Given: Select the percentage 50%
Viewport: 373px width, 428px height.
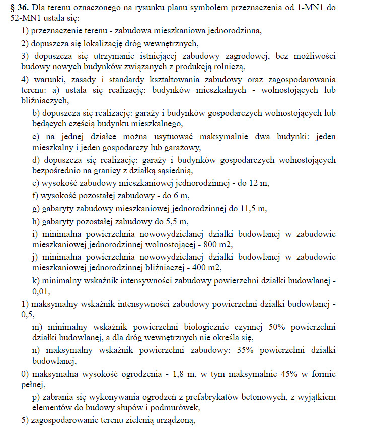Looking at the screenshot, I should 279,326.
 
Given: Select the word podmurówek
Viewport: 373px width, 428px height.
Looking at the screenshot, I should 182,408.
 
